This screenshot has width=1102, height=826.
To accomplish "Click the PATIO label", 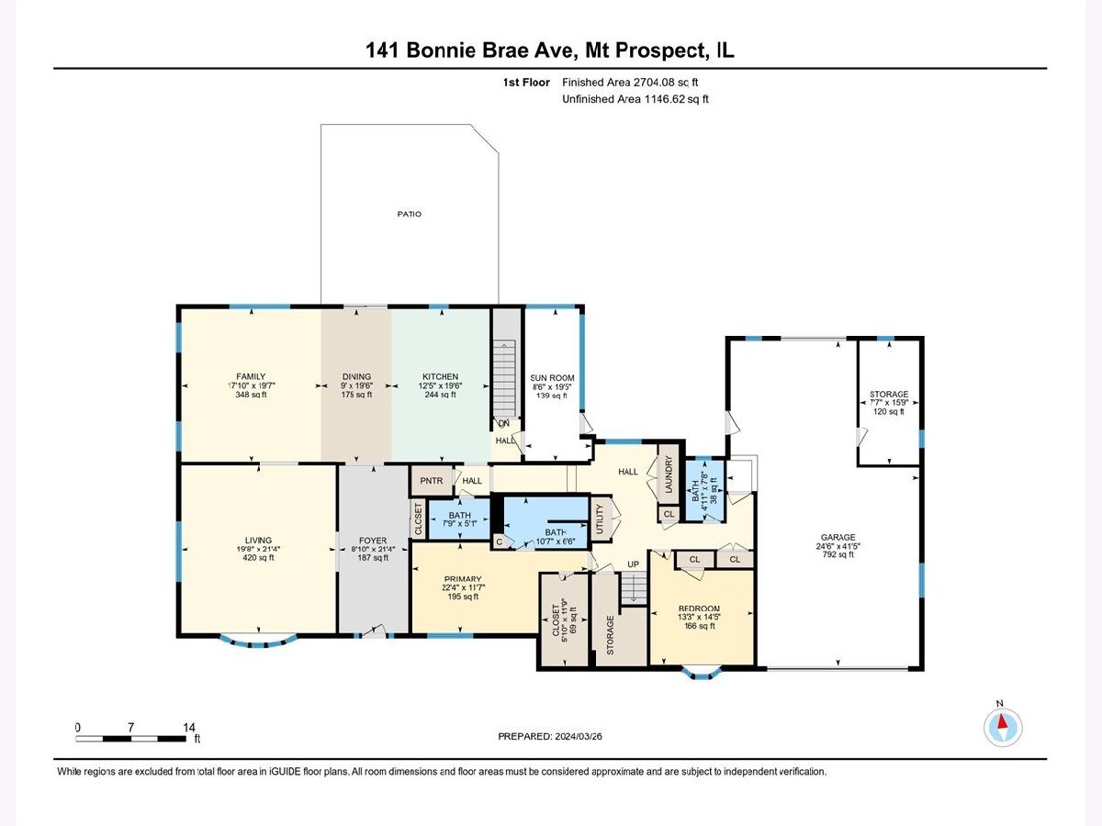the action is coord(410,214).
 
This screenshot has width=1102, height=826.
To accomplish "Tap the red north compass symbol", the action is coord(1002,727).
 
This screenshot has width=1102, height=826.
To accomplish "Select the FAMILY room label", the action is coord(251,376).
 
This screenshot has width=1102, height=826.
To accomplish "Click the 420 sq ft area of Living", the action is coord(259,558).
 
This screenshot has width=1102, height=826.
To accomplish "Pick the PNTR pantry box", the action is coord(432,481).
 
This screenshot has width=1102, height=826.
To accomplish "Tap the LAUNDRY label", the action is coord(669,474).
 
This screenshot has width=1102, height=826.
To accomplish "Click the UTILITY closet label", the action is coord(600,519).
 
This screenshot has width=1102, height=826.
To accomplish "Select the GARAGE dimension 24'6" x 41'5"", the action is coord(838,546).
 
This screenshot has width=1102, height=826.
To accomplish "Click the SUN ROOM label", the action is coord(552,378).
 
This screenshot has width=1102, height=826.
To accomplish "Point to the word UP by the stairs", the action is coord(633,564).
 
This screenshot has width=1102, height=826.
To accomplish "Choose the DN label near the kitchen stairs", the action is coord(504,423).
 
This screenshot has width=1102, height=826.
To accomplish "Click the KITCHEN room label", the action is coord(440,376).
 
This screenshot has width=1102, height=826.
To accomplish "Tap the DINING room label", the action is coord(357,376).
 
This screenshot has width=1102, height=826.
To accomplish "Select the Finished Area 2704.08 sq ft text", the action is coord(630,83).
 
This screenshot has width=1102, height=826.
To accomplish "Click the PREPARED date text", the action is coord(550,736).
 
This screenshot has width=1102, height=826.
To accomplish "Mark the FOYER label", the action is coord(373,541).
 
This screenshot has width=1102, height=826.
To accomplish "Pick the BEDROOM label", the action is coord(700,608).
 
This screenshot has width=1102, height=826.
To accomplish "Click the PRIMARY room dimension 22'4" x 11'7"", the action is coord(463,587).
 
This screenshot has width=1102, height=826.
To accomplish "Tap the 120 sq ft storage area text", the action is coord(889,412).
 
